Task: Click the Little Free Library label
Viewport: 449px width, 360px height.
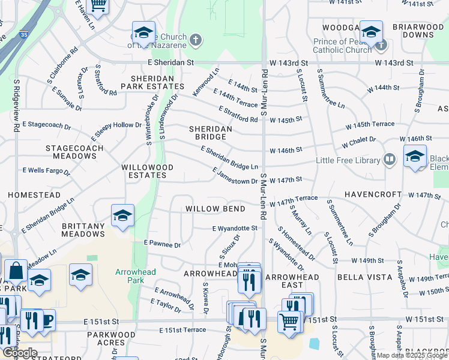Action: (348, 161)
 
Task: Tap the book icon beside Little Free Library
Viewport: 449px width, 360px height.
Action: (390, 160)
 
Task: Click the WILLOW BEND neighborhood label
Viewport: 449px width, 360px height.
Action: (215, 209)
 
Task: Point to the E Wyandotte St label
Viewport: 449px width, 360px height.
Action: (235, 228)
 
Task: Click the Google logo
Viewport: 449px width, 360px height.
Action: (20, 353)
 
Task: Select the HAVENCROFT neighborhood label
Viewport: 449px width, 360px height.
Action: (372, 195)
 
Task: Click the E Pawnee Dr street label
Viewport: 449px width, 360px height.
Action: (162, 245)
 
